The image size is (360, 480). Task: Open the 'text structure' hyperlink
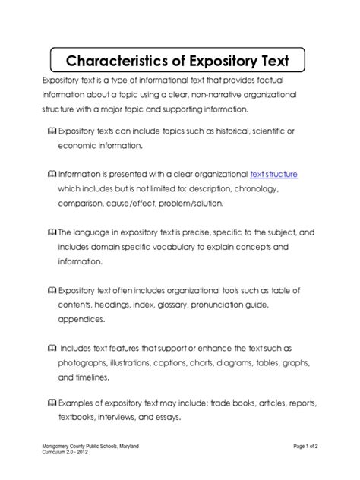point(274,173)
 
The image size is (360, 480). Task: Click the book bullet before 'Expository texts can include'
point(50,131)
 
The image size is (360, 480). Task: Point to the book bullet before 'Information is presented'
point(50,174)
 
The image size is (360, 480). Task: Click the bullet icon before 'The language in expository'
point(50,232)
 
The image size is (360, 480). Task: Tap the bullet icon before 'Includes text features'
point(50,347)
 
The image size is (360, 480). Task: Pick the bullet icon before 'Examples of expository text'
point(50,402)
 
